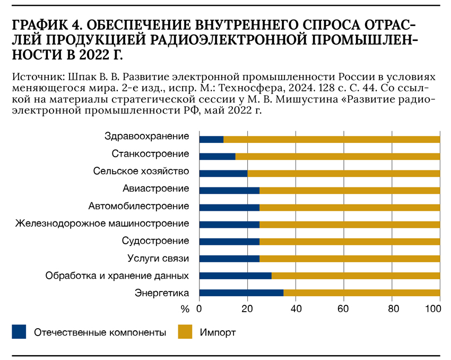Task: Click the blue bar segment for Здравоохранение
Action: (x=211, y=139)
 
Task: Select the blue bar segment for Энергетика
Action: (x=241, y=293)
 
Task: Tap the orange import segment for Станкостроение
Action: (x=337, y=156)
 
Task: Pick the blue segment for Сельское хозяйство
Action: (x=223, y=173)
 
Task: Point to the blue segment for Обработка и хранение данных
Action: (x=235, y=276)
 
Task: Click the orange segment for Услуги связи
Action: (x=350, y=259)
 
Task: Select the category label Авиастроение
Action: (x=156, y=188)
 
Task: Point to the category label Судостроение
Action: (x=155, y=241)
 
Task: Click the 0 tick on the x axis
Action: (x=200, y=308)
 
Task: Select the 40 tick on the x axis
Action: (x=296, y=308)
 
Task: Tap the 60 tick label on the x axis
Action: (x=344, y=308)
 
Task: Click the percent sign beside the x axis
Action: (x=185, y=308)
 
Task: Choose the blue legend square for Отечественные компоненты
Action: (x=19, y=332)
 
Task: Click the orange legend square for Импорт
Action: (x=185, y=332)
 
